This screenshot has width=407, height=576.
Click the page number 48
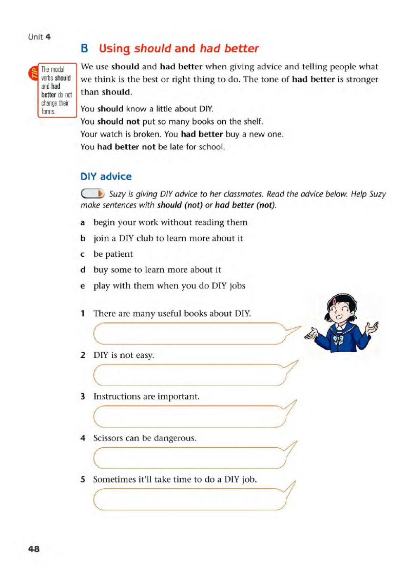pyautogui.click(x=33, y=549)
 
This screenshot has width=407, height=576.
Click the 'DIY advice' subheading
pyautogui.click(x=106, y=177)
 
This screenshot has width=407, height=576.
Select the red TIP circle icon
pyautogui.click(x=34, y=73)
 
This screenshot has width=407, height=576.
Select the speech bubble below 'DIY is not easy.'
pyautogui.click(x=190, y=375)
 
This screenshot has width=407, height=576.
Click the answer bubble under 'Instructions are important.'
pyautogui.click(x=190, y=416)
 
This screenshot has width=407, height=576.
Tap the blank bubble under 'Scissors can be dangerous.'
pyautogui.click(x=190, y=458)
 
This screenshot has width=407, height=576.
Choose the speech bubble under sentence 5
pyautogui.click(x=190, y=500)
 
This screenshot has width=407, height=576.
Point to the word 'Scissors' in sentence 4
pyautogui.click(x=109, y=438)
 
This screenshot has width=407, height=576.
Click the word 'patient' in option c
pyautogui.click(x=119, y=254)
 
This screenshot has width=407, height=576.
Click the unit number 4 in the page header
pyautogui.click(x=48, y=37)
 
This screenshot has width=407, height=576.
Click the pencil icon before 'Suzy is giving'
pyautogui.click(x=92, y=194)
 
